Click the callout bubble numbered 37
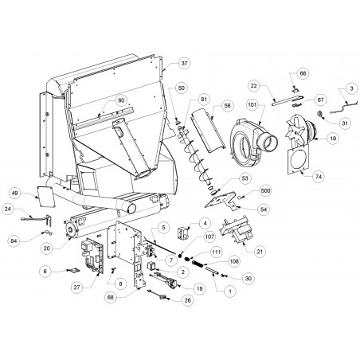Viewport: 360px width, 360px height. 184,63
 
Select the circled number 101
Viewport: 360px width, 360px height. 252,105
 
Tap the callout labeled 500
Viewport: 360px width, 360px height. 264,190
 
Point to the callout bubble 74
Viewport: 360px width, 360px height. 319,177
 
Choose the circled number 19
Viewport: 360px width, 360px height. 333,138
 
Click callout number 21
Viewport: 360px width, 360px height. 260,252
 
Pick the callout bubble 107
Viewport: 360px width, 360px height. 209,237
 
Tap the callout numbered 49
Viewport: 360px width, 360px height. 15,193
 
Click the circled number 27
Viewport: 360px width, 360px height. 77,288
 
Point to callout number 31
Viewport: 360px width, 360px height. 345,123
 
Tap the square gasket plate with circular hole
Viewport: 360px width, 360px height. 299,158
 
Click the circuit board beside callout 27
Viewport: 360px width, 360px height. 92,256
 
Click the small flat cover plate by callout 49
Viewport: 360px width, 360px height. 45,197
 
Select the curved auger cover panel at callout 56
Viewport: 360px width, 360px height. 209,131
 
